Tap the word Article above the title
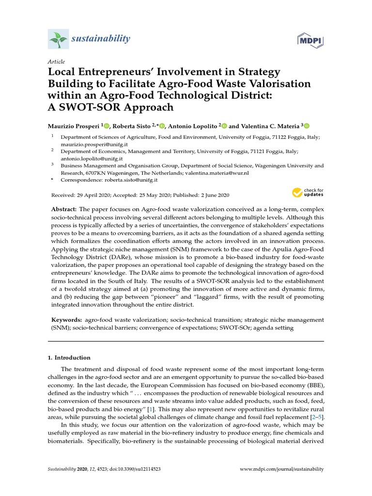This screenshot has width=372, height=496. point(56,62)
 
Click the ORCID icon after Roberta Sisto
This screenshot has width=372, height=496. point(162,125)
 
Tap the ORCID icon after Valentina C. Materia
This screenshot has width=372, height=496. point(306,125)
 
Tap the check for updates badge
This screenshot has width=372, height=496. point(308,192)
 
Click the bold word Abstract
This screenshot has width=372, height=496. point(64,208)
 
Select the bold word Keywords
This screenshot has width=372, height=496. point(66,320)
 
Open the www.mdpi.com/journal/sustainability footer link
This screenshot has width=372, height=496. point(282,469)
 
